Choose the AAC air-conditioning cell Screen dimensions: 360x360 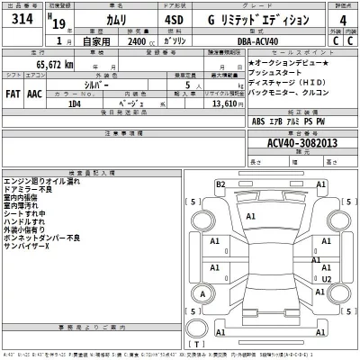(x=35, y=92)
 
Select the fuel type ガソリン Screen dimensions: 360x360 (x=176, y=41)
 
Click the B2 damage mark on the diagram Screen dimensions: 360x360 (x=220, y=184)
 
